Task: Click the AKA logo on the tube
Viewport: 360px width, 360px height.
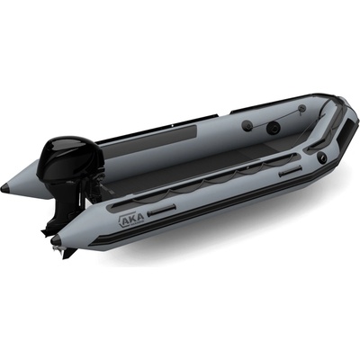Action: pos(131,220)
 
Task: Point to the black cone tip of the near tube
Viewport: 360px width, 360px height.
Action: pos(56,239)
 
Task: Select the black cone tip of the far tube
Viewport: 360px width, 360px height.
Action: pos(5,188)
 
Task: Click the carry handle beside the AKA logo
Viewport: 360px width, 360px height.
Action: pos(162,210)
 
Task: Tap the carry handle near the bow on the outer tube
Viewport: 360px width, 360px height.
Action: pos(290,173)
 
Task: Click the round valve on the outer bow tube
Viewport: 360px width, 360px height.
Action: pos(322,157)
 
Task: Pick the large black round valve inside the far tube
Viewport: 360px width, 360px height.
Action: pos(273,128)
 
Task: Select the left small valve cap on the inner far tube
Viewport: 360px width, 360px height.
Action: pos(247,125)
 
